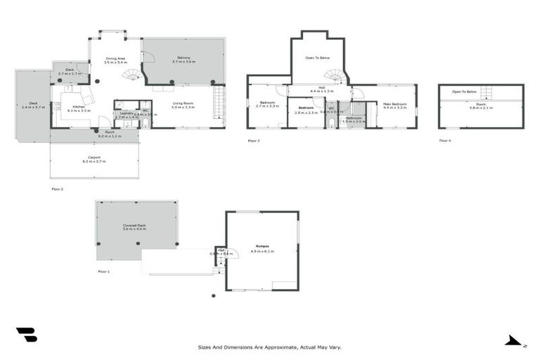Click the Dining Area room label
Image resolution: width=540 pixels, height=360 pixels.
(x=115, y=59)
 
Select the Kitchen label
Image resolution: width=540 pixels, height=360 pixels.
(x=78, y=107)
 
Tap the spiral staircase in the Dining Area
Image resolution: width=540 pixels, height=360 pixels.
(x=131, y=75)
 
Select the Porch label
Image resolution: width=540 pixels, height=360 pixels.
(x=110, y=132)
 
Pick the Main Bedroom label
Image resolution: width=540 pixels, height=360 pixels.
(x=394, y=104)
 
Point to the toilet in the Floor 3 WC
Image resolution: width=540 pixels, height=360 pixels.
(x=330, y=122)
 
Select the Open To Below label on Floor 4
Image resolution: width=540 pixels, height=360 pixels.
(x=464, y=92)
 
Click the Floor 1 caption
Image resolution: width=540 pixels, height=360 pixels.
(x=104, y=271)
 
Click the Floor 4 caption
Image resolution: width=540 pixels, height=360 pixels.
(x=444, y=141)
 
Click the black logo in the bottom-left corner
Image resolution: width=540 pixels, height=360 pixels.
(x=26, y=335)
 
